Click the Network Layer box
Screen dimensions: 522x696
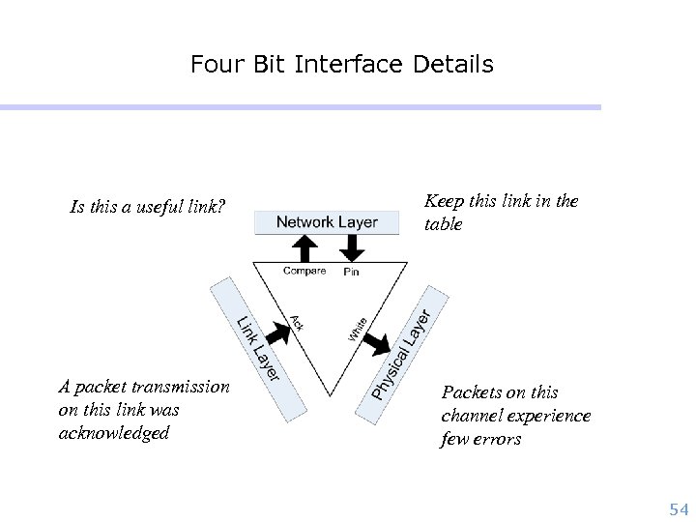coord(327,222)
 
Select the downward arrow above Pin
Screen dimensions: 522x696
coord(352,247)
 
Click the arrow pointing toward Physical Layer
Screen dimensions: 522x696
coord(379,341)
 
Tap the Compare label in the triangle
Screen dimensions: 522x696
coord(304,271)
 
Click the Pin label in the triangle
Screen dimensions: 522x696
coord(351,272)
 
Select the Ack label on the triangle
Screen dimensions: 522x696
coord(297,323)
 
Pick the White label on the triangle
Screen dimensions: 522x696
coord(358,329)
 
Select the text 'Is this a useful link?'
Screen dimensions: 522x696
coord(148,206)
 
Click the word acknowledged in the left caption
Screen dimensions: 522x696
coord(113,433)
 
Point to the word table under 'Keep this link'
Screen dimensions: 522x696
coord(444,224)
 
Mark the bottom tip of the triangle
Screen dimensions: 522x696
coord(330,395)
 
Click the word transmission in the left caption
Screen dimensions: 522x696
coord(182,387)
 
